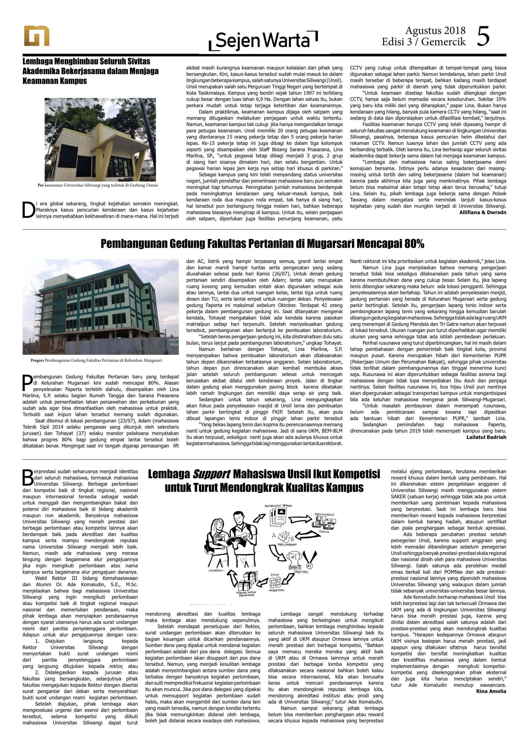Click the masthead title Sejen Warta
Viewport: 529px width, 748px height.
click(263, 40)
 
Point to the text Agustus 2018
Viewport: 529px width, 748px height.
click(435, 31)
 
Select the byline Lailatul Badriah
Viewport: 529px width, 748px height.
click(486, 437)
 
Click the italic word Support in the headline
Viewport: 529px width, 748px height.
click(212, 474)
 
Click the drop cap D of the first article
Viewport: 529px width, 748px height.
click(28, 210)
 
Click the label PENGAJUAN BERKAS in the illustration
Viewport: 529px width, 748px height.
click(278, 505)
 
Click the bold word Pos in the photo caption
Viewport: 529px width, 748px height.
click(40, 185)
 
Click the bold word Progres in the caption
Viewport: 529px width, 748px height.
click(37, 360)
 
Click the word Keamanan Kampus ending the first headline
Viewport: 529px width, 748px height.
click(54, 81)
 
